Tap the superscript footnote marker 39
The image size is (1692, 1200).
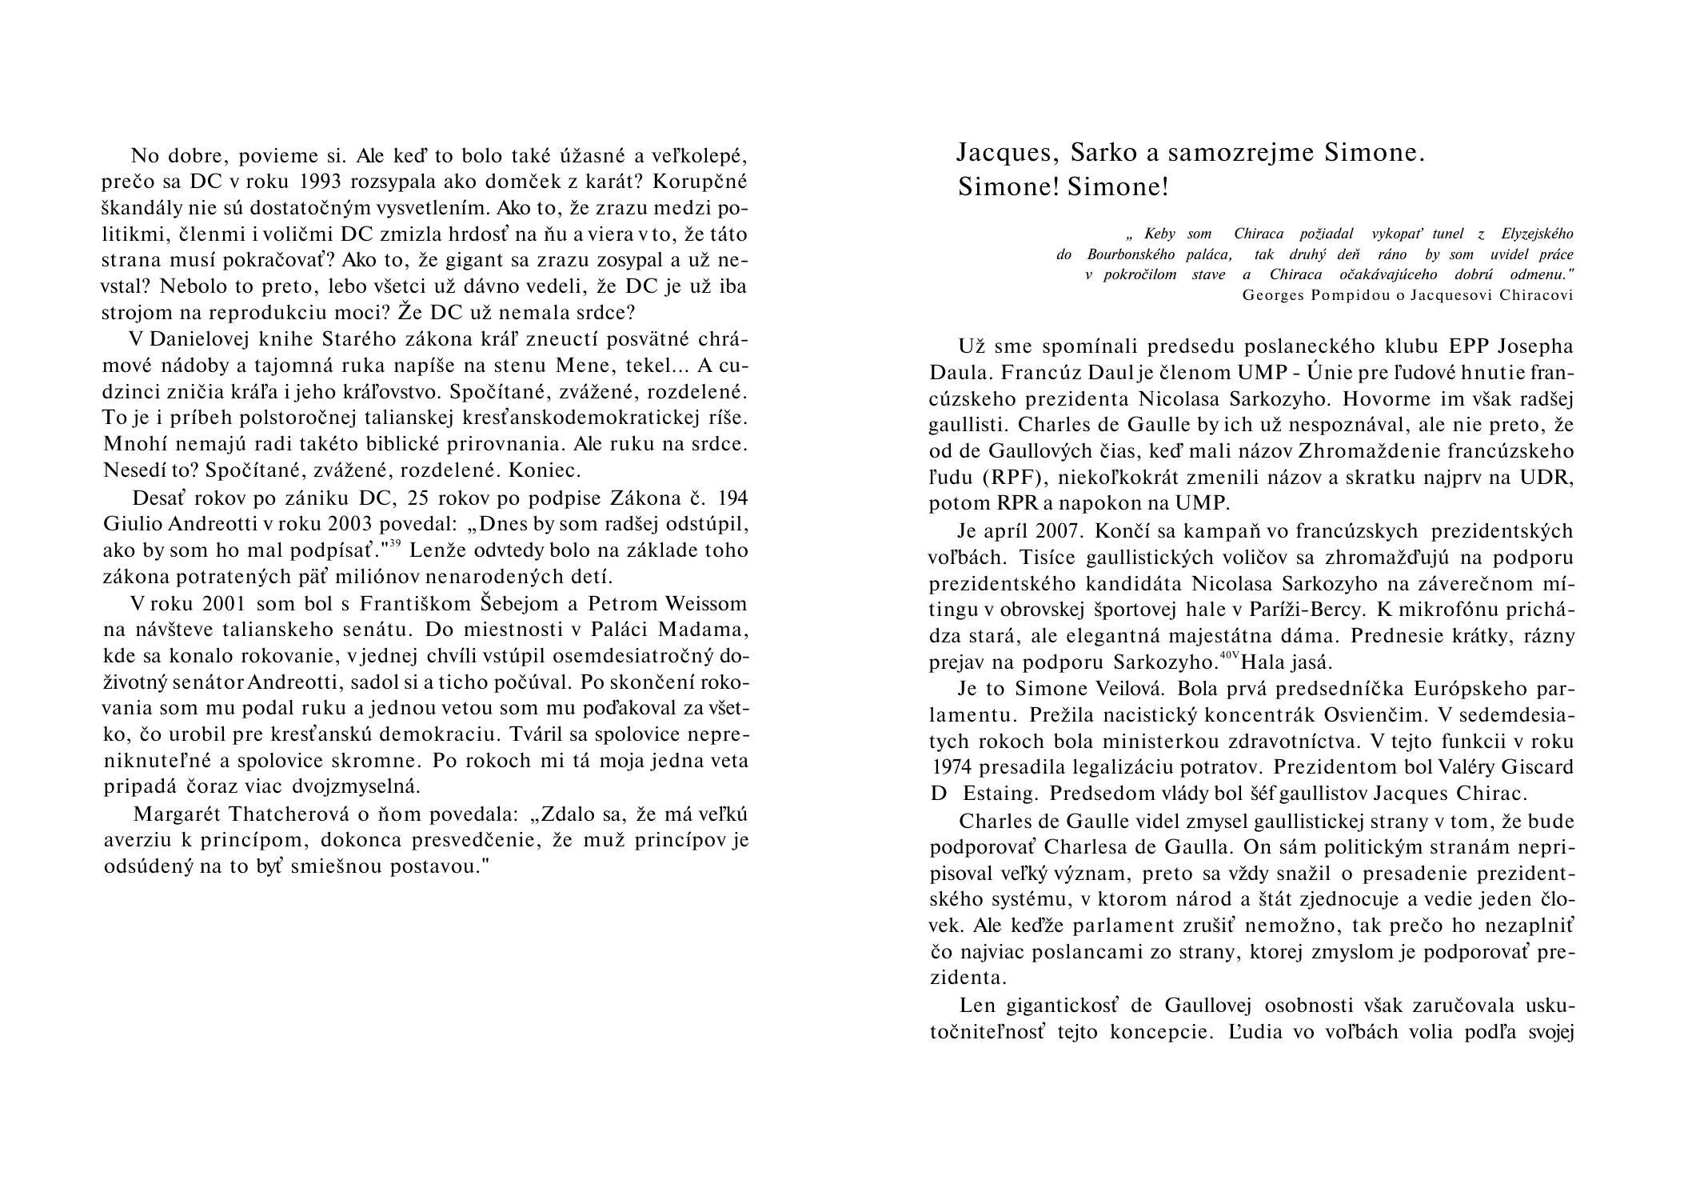[395, 545]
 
